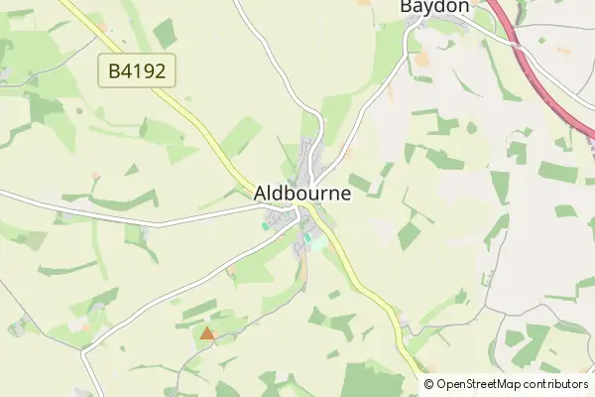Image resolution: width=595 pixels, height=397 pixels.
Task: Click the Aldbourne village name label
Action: click(x=302, y=193)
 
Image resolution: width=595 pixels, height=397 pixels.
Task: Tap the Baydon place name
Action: click(x=433, y=7)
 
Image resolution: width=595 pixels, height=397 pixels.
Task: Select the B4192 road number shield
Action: click(x=138, y=70)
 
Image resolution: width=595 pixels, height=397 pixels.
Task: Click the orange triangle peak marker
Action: click(x=206, y=333)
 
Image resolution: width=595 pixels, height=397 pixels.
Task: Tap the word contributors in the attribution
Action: click(x=557, y=384)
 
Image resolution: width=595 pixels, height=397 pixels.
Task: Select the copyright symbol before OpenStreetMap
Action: click(x=429, y=384)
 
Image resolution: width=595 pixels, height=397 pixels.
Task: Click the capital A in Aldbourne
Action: click(x=262, y=193)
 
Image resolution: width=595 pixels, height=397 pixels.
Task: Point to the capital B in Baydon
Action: click(x=407, y=7)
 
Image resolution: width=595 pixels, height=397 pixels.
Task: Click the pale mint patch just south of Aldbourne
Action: click(x=316, y=240)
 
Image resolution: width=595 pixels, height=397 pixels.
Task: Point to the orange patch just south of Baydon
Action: click(x=422, y=60)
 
